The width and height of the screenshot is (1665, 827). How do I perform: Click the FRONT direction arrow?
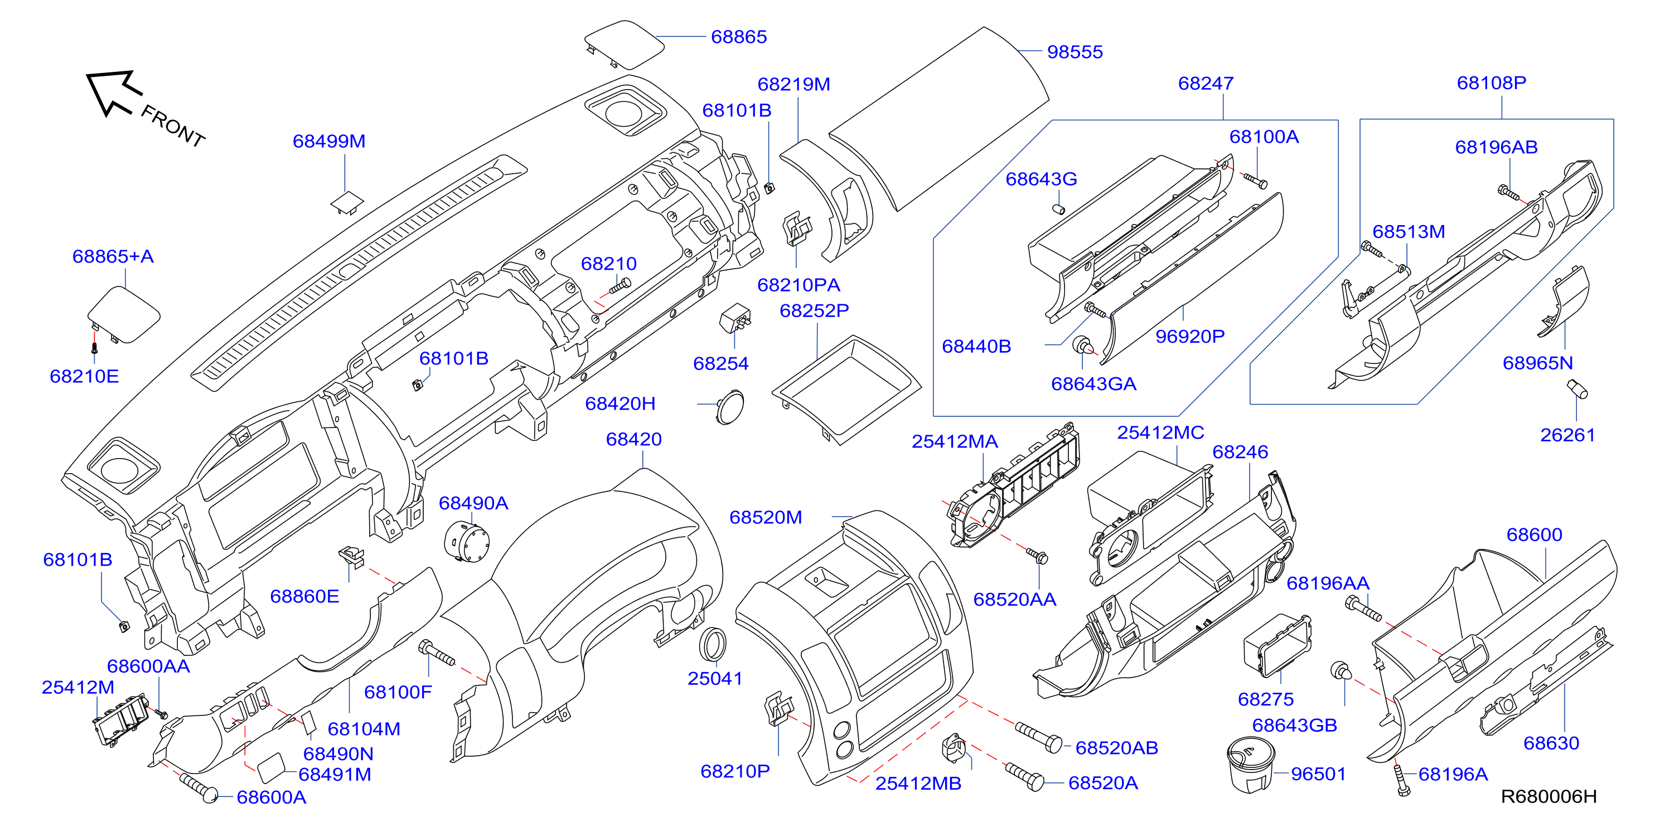(113, 93)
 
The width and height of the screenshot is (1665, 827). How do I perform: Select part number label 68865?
(739, 37)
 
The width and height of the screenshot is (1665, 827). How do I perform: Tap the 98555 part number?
(1075, 52)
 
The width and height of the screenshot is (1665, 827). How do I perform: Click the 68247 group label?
(1206, 84)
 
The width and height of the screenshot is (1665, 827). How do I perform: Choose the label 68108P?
(1491, 82)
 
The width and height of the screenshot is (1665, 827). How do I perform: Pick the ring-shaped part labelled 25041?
(713, 644)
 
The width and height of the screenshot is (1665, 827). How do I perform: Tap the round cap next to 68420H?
(730, 406)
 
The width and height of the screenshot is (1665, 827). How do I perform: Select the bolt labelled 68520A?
(1024, 776)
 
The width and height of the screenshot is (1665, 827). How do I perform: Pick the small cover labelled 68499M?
(347, 202)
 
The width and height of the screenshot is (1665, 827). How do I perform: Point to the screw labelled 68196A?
(1401, 780)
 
